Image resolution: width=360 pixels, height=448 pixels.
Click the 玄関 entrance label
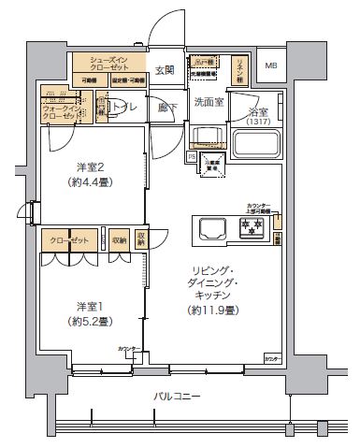coord(164,70)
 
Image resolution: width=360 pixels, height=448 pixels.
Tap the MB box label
coord(270,65)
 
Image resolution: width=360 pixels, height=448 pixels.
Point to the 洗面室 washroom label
coord(208,101)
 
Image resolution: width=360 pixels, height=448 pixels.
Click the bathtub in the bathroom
coord(252,146)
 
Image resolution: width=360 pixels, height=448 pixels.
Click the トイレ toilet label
coord(125,109)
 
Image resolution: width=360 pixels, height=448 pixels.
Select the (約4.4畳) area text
coord(90,183)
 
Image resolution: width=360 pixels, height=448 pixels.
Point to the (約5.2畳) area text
coord(90,322)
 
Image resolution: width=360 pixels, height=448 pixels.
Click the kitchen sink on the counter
coord(209,226)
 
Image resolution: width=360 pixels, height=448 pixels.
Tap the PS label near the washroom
coord(192,158)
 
